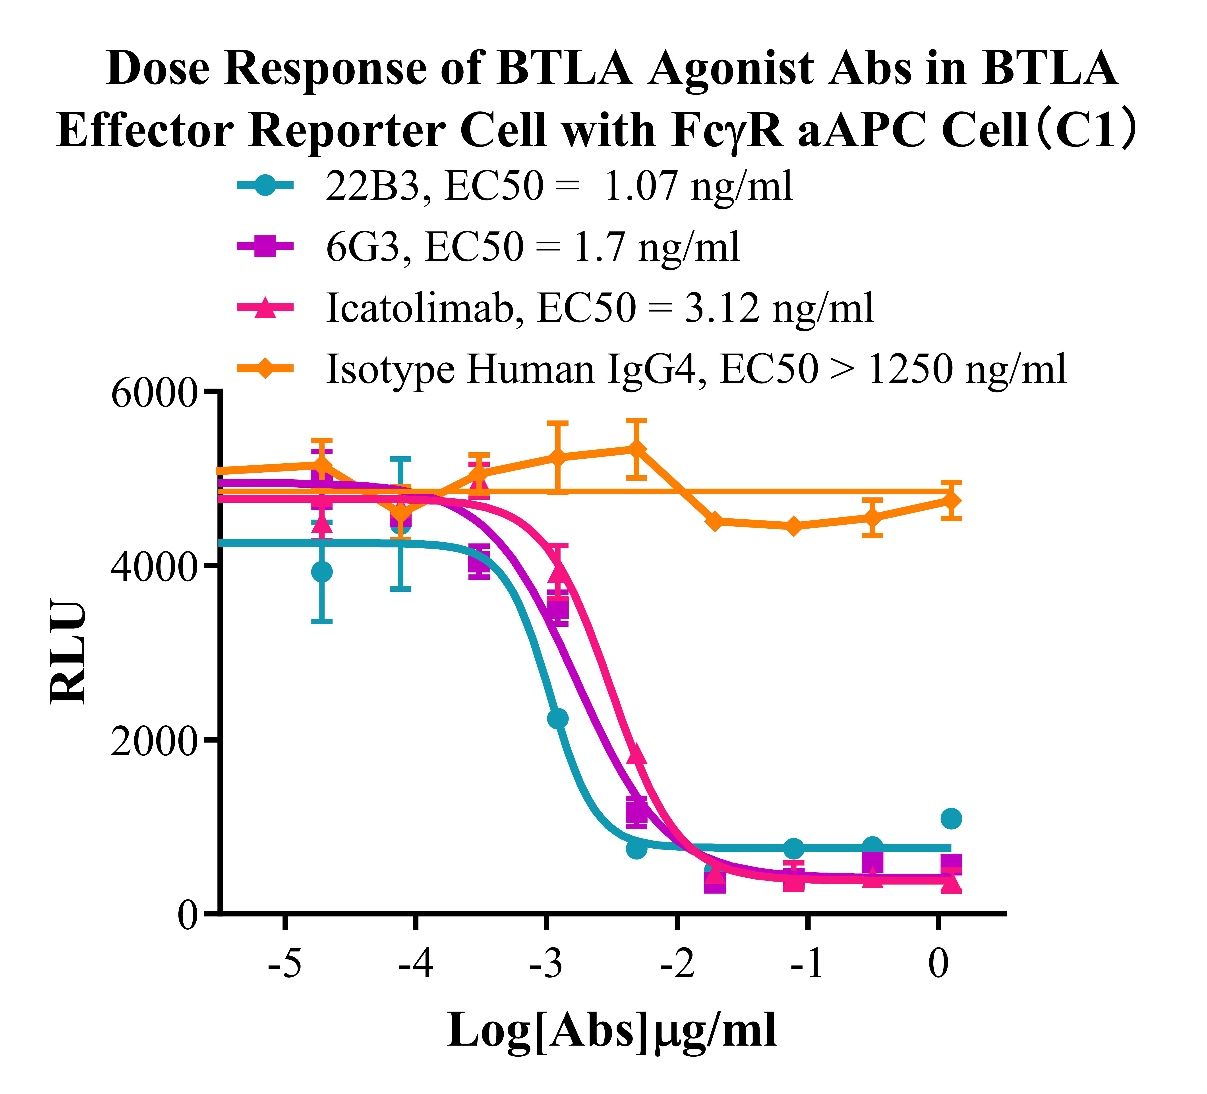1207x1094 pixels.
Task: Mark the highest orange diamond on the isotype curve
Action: pyautogui.click(x=636, y=449)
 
